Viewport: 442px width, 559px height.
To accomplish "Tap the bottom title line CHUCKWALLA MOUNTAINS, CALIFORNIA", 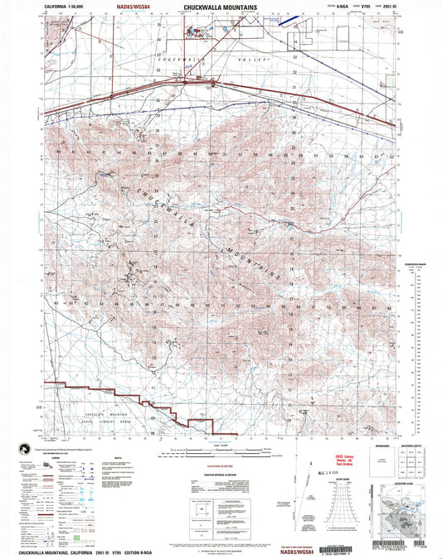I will [x=75, y=552].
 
